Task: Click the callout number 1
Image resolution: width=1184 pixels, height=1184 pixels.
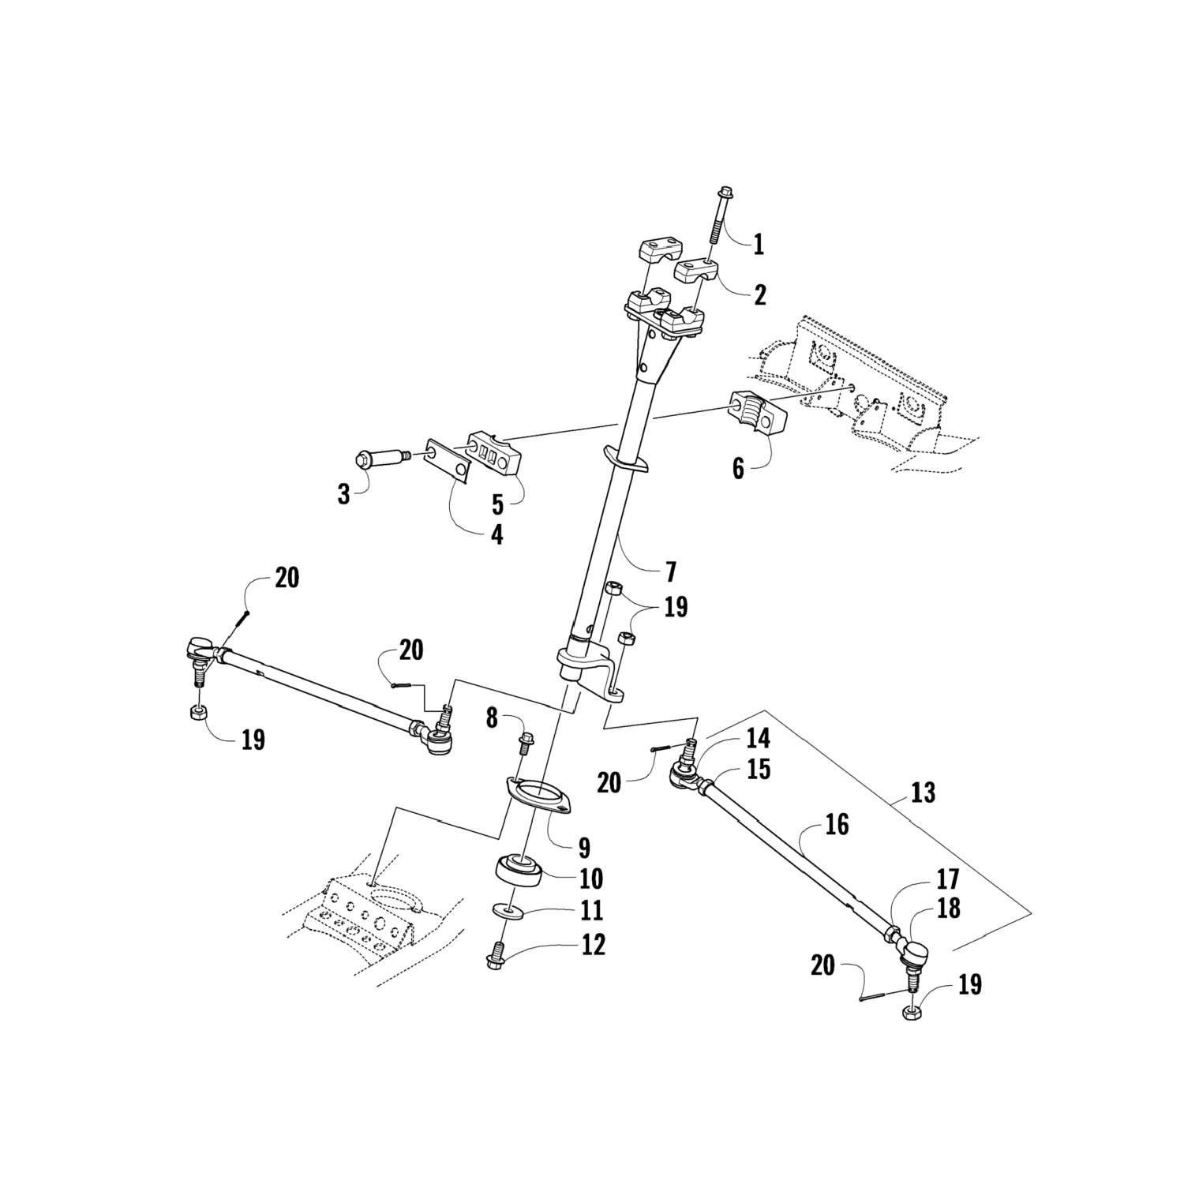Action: click(758, 244)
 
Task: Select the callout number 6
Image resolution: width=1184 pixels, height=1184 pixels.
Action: click(738, 468)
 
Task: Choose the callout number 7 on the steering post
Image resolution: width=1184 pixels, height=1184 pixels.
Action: click(671, 571)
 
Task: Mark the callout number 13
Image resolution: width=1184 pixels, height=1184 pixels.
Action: click(922, 791)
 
